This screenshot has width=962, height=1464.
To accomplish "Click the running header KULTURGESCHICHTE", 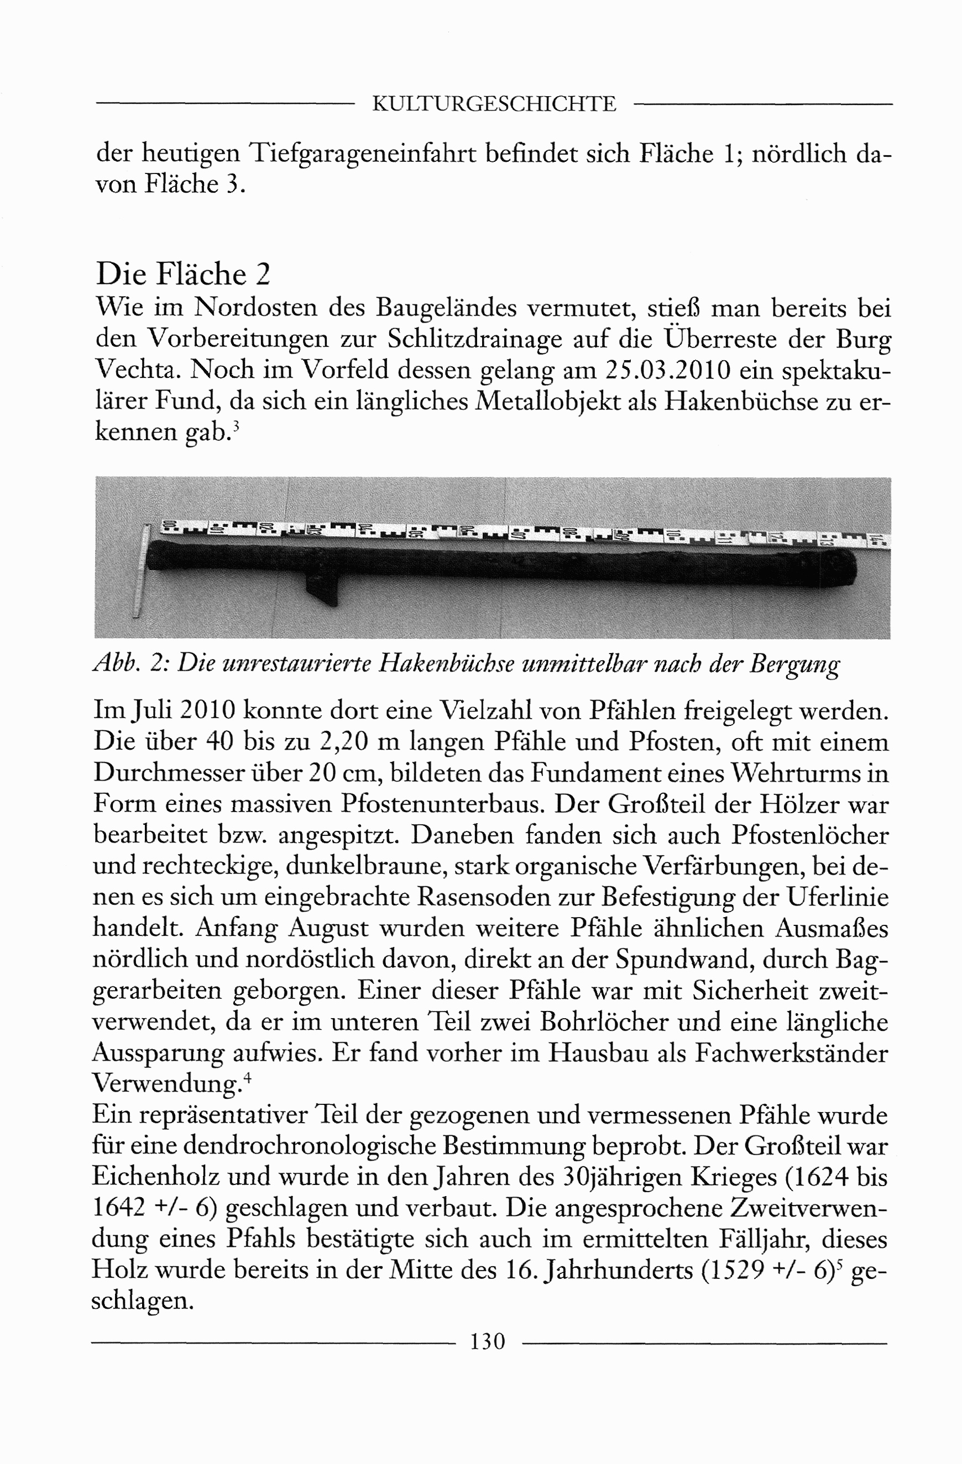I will (494, 104).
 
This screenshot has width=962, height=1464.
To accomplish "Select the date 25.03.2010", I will (668, 370).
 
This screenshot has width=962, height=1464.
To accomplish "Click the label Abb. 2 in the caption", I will (129, 663).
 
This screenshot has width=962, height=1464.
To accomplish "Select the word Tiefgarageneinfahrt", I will (363, 153).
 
